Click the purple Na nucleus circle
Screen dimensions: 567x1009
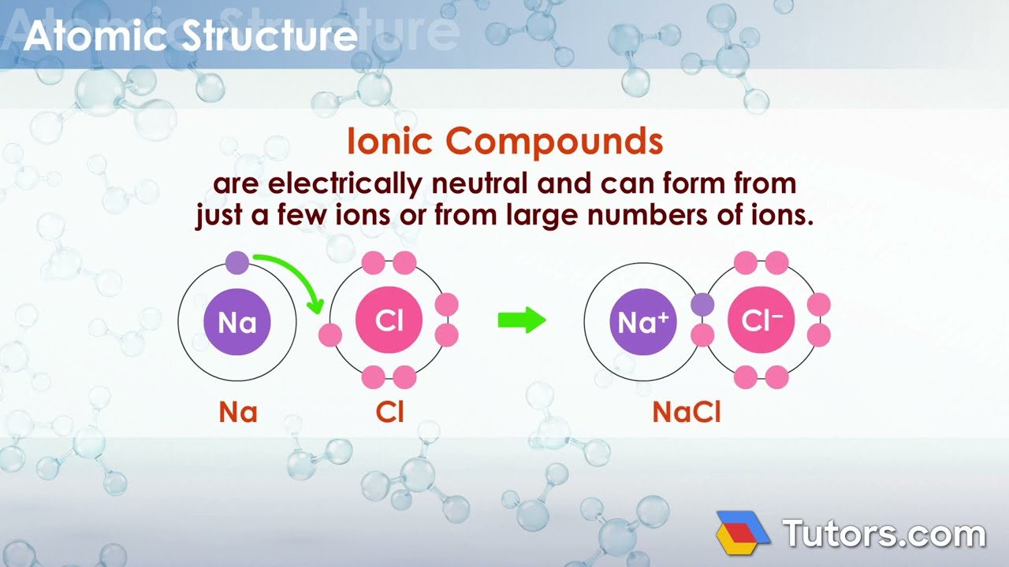[x=237, y=321]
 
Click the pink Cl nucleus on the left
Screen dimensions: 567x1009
[x=389, y=321]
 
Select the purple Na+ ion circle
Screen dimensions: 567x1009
[x=643, y=321]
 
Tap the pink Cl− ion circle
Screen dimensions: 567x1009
[x=761, y=321]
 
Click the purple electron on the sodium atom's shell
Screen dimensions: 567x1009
[x=237, y=263]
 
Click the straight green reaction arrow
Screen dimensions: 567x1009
[x=522, y=321]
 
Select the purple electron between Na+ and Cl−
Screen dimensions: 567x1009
[x=702, y=305]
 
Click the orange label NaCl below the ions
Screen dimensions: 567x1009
[x=687, y=413]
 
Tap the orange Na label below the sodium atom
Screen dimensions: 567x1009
[x=238, y=413]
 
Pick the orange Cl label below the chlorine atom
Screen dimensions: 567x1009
[x=390, y=413]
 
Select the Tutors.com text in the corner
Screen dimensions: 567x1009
[x=883, y=534]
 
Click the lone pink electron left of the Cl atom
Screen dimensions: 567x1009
[x=330, y=335]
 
